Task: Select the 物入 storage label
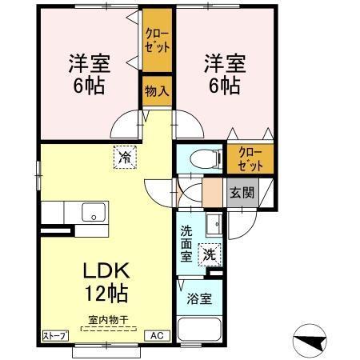[155, 91]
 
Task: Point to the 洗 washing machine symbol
[207, 255]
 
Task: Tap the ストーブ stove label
[54, 335]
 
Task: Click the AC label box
[158, 335]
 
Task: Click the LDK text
[102, 271]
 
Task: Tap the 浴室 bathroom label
[199, 299]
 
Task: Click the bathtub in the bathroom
[199, 333]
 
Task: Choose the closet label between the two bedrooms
[157, 39]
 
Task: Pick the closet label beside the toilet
[250, 159]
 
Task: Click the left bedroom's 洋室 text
[89, 62]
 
